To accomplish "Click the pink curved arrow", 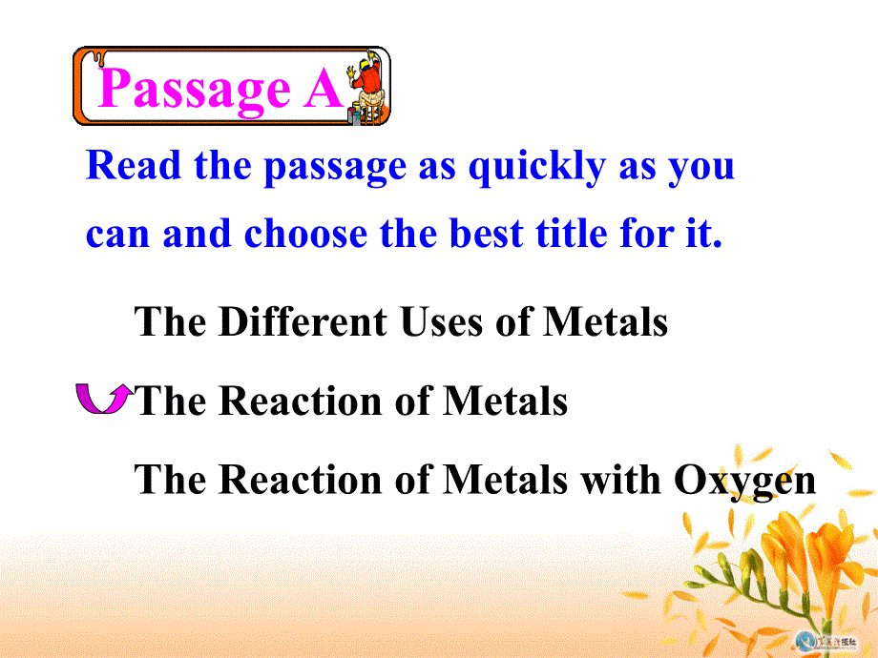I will [102, 399].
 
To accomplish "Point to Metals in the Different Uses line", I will [605, 322].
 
